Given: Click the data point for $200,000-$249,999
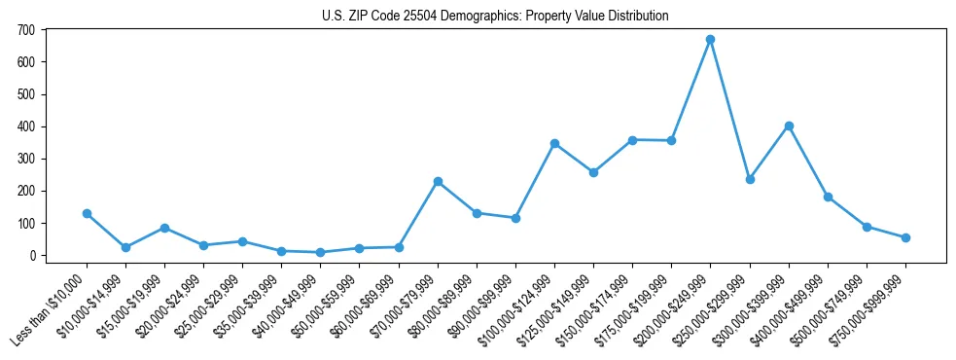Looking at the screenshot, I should pos(710,40).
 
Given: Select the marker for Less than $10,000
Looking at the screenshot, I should pos(87,213).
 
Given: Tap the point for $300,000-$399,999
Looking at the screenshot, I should pos(789,126).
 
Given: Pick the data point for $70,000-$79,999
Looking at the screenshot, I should pos(438,181).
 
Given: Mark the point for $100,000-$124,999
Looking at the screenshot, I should pos(554,143).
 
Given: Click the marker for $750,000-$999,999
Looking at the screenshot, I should pos(905,237).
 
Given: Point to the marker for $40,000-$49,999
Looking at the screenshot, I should pos(320,252).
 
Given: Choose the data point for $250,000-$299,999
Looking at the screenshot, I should pos(749,179).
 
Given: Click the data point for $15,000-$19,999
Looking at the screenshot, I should pos(164,228).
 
